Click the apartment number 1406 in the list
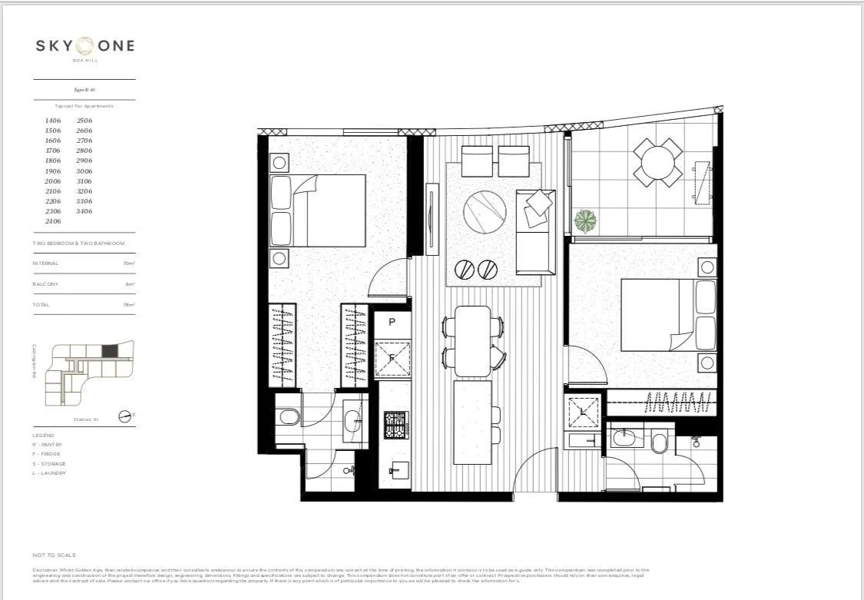[x=53, y=121]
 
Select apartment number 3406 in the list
[x=84, y=211]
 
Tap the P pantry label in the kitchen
[x=392, y=322]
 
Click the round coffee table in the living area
[x=485, y=209]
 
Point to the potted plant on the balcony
[x=586, y=221]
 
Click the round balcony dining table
[x=657, y=163]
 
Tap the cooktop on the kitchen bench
[x=396, y=425]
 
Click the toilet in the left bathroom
[x=289, y=418]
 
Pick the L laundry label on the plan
[x=584, y=413]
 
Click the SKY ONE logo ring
[x=84, y=45]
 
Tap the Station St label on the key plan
[x=87, y=419]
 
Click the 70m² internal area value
[x=129, y=264]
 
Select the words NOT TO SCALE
[x=54, y=555]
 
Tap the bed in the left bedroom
[x=328, y=210]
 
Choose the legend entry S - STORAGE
[x=49, y=464]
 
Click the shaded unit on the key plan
[x=111, y=351]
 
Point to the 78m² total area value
[x=129, y=305]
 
